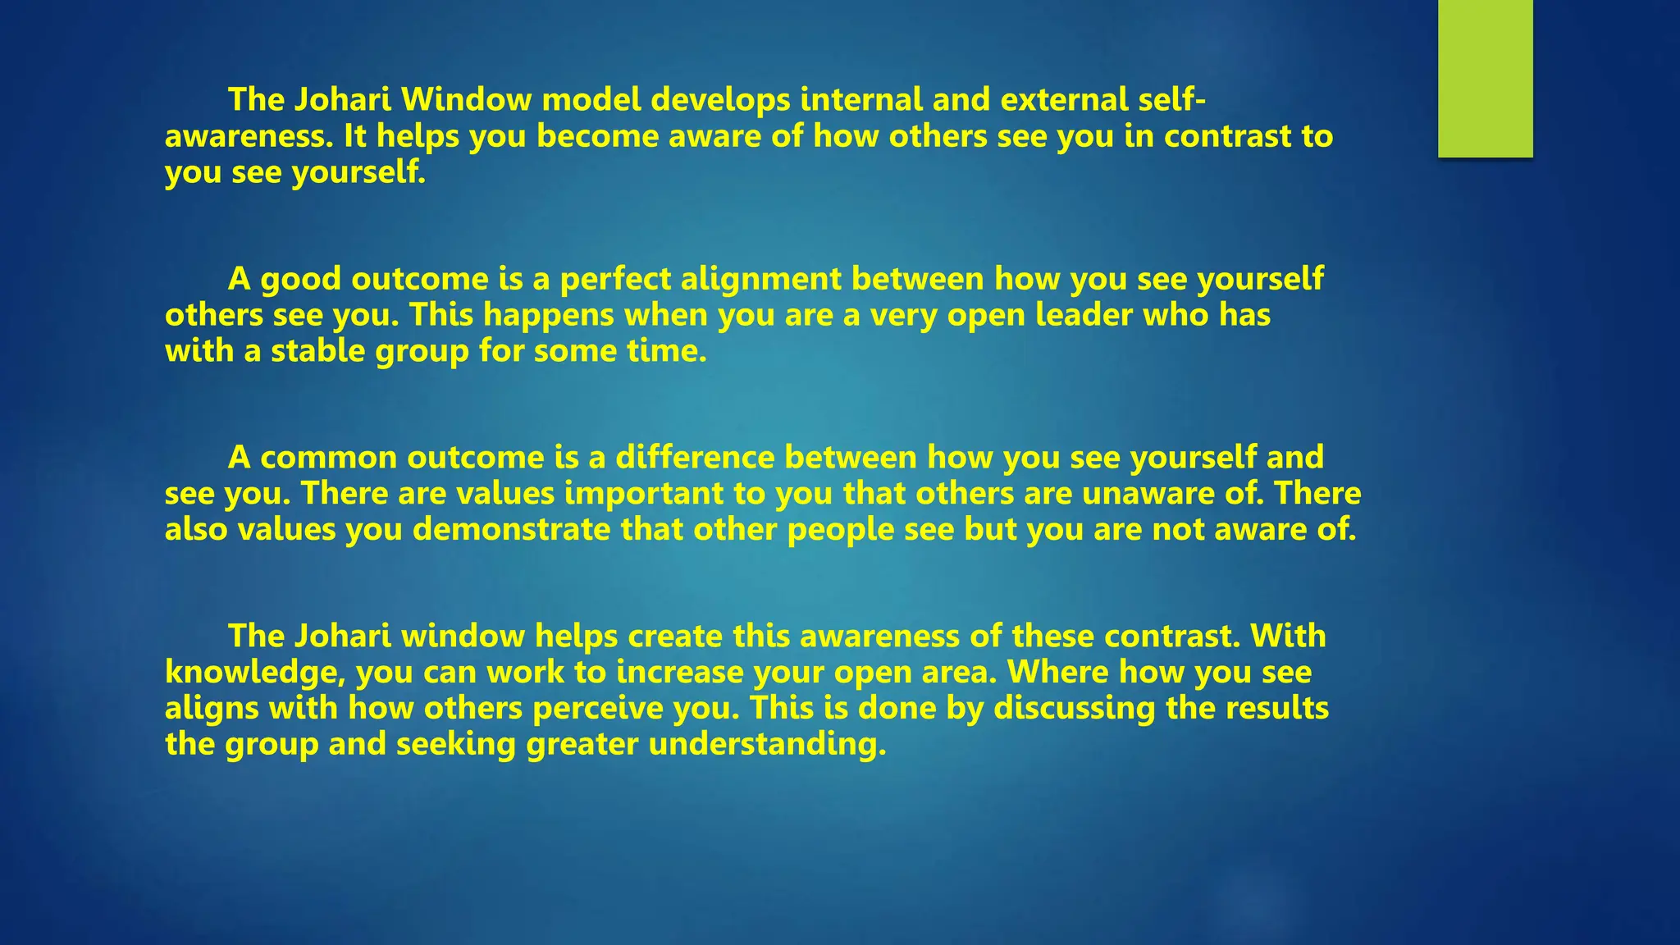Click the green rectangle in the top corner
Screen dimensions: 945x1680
pos(1485,78)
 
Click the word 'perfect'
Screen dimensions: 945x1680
pos(615,279)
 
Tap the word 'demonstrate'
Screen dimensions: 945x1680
pos(511,529)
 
